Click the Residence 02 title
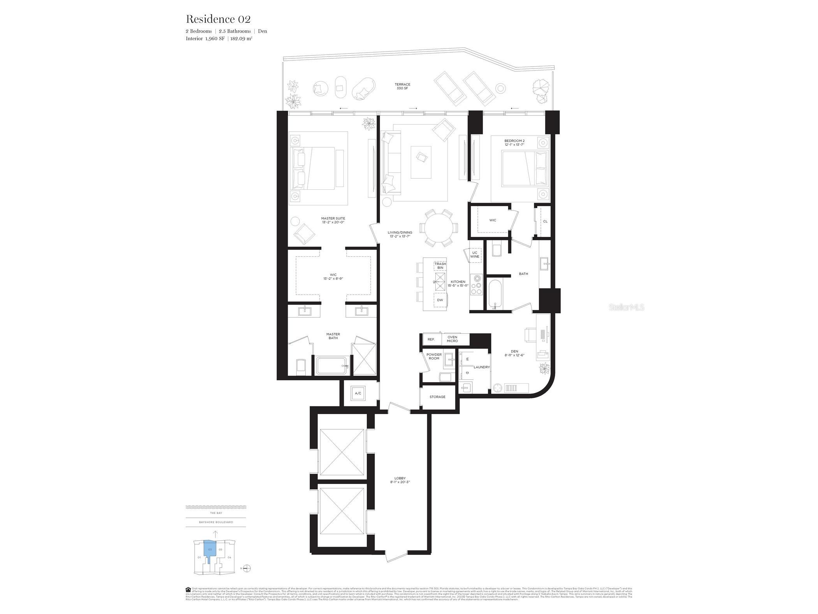(x=218, y=19)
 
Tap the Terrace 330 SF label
(x=402, y=86)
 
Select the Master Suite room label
(x=333, y=220)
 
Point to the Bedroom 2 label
(x=514, y=142)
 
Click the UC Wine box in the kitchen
(x=474, y=254)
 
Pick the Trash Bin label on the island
(x=440, y=266)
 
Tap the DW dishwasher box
(x=440, y=300)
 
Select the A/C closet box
(x=358, y=393)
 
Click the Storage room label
(x=437, y=397)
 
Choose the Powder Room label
(x=434, y=356)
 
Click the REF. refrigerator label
(x=431, y=339)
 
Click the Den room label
(x=514, y=353)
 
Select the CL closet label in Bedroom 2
(x=545, y=221)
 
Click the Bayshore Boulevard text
(x=216, y=522)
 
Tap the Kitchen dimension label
(x=458, y=284)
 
